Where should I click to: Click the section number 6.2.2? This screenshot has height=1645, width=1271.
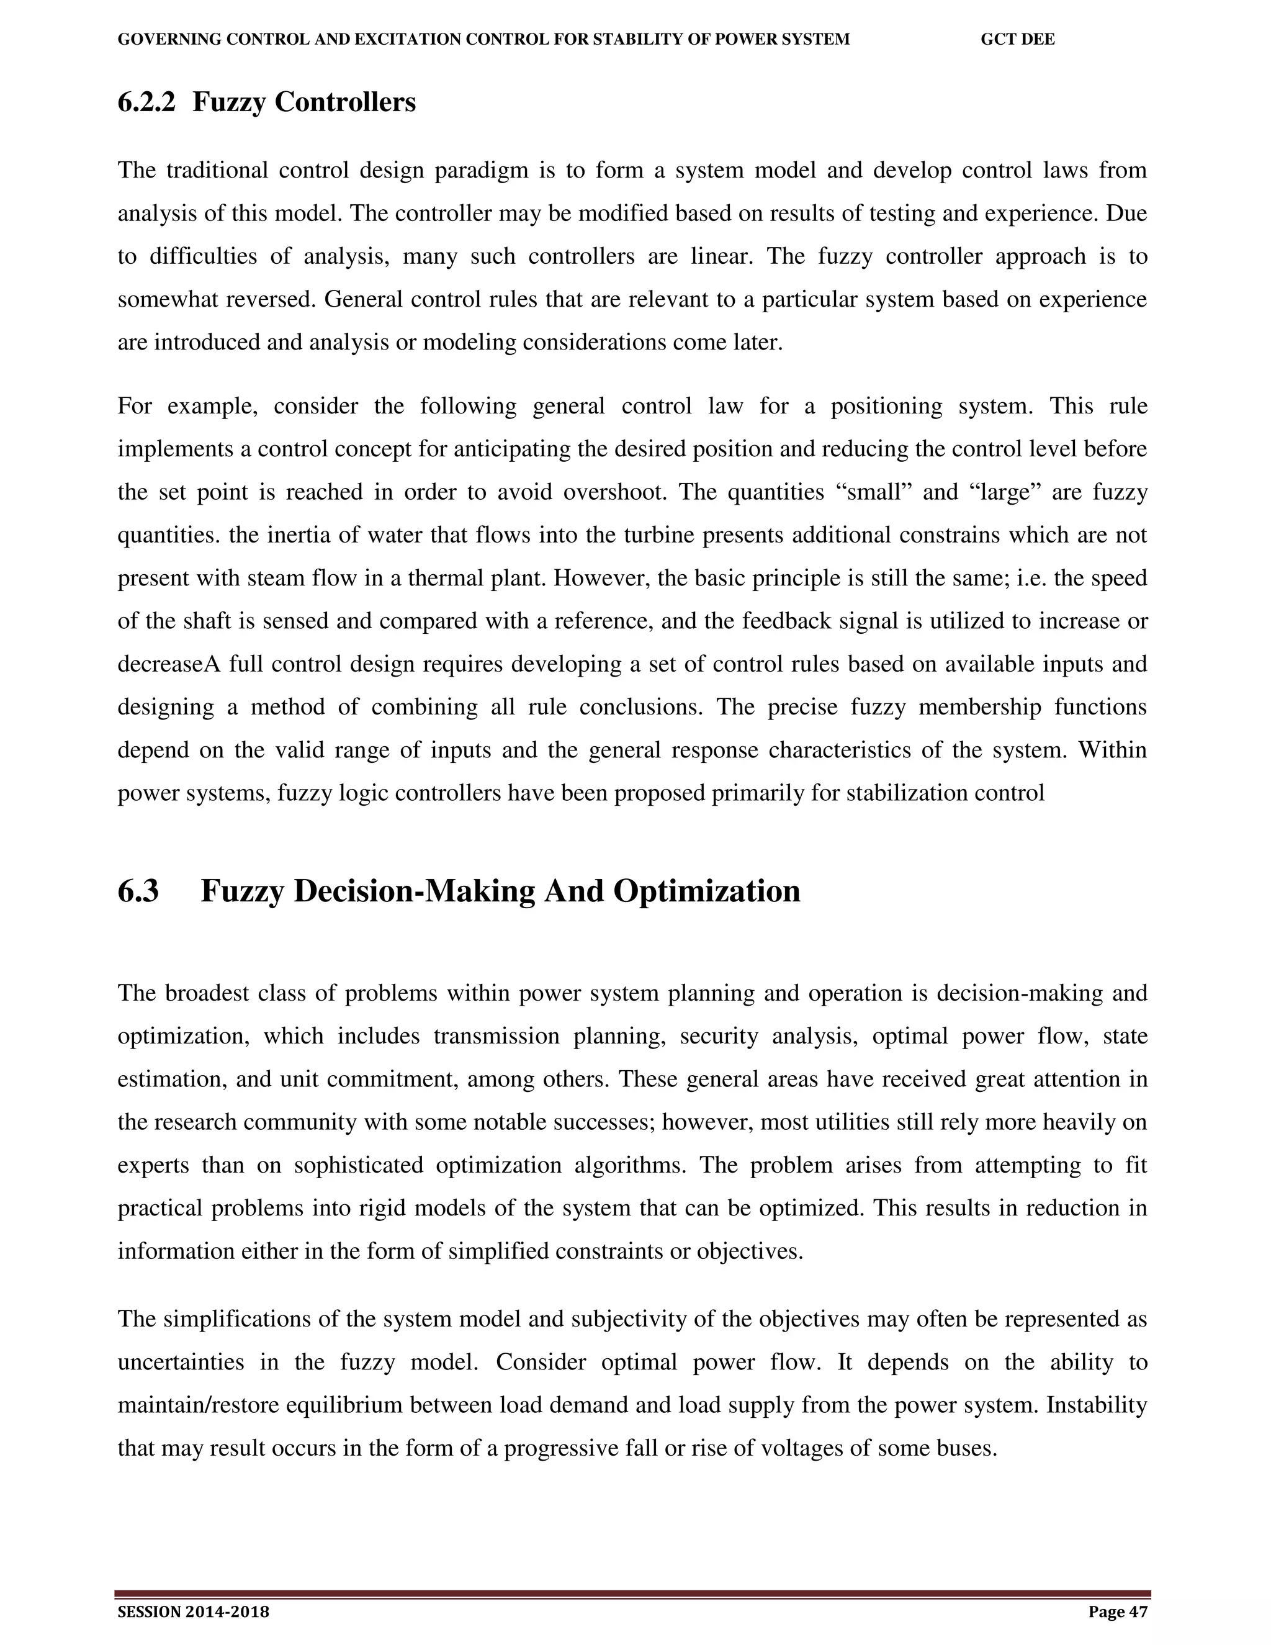coord(146,102)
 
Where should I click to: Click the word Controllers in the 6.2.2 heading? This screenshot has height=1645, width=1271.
coord(345,102)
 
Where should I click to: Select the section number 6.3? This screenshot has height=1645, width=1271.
coord(138,891)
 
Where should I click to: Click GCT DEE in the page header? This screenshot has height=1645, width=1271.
coord(1017,40)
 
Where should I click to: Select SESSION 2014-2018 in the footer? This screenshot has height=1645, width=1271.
coord(194,1611)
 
